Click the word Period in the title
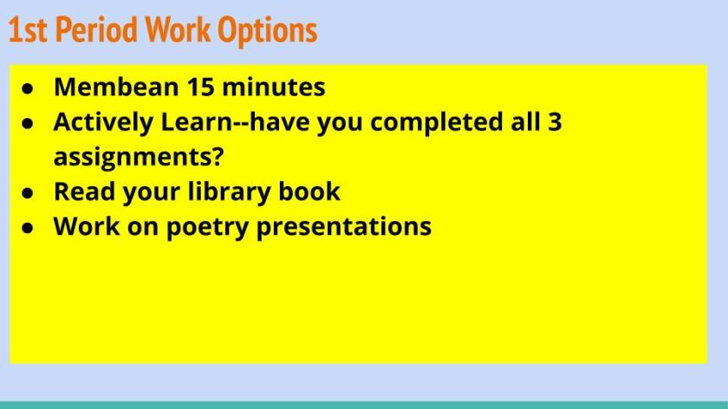(x=96, y=30)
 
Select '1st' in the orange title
(x=28, y=30)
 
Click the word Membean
(x=116, y=87)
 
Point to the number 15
(x=200, y=87)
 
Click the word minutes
(x=274, y=87)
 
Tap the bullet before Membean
(x=28, y=88)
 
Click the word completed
(x=437, y=122)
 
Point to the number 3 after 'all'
(x=555, y=121)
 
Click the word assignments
(x=133, y=157)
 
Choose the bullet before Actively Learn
(x=28, y=123)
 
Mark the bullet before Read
(x=28, y=192)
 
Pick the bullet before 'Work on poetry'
(x=28, y=228)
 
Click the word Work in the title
(x=178, y=30)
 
